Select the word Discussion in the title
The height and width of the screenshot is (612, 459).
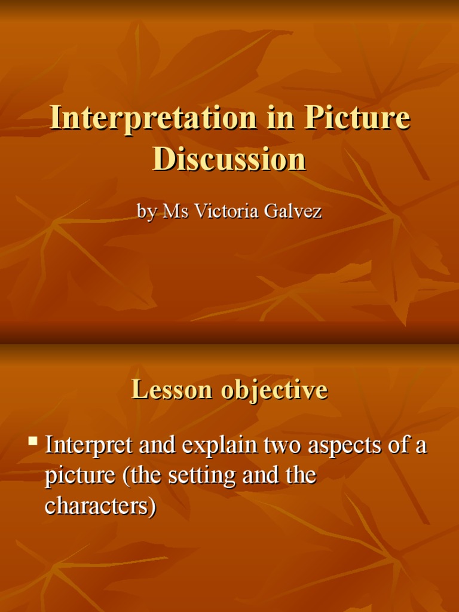(229, 159)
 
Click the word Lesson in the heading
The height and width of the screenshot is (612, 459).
(172, 390)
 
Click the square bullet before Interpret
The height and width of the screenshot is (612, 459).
(33, 442)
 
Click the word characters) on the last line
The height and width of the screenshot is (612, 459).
(100, 506)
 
